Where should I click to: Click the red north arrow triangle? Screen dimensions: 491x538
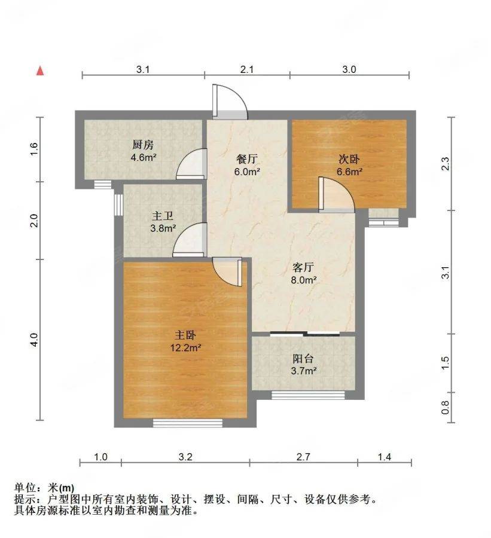coord(41,71)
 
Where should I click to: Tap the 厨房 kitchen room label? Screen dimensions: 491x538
coord(143,145)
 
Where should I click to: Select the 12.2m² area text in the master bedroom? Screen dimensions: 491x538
coord(186,348)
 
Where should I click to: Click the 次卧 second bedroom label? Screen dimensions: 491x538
coord(349,159)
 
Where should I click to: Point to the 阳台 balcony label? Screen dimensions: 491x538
coord(303,359)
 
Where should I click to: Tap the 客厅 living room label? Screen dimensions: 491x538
coord(303,267)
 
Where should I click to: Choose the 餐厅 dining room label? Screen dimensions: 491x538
coord(247,159)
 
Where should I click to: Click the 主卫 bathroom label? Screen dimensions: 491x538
coord(163,216)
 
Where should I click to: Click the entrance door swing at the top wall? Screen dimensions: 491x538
coord(230,101)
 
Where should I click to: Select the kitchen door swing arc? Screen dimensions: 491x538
coord(191,164)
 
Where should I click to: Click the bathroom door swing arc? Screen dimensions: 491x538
coord(190,240)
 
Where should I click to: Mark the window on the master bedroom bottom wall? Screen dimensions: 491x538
coord(187,423)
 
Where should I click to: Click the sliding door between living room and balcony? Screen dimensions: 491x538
coord(305,333)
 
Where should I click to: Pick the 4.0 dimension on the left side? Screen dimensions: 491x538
coord(33,340)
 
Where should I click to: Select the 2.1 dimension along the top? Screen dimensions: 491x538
coord(247,70)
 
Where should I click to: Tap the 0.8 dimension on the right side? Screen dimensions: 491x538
coord(445,407)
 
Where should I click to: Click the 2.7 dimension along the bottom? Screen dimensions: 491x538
coord(304,457)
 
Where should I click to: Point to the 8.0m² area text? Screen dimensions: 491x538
coord(304,280)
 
